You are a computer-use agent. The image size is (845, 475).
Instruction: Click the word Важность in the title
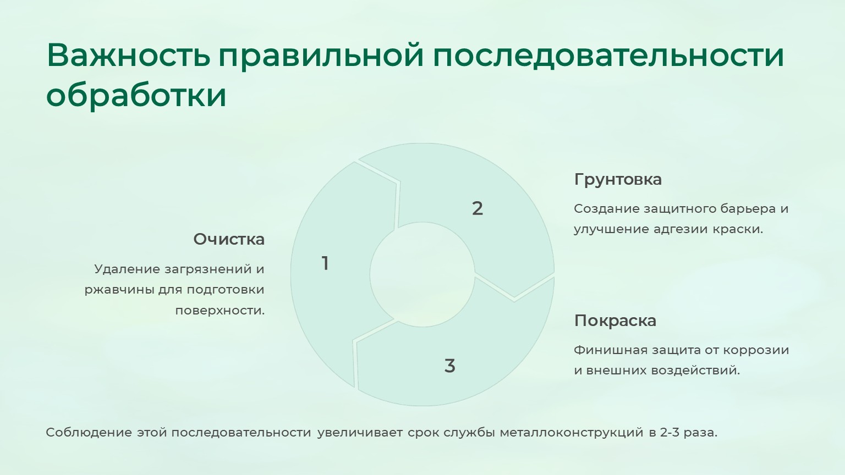(128, 56)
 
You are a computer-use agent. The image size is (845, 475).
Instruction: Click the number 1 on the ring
(325, 263)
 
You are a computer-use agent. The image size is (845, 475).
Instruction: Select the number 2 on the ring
(477, 208)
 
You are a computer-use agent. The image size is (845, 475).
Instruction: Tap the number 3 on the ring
(449, 366)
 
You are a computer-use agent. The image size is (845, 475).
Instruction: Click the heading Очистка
(229, 239)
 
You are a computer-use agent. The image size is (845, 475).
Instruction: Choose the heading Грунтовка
(618, 179)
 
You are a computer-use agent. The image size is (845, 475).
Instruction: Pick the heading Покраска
(615, 321)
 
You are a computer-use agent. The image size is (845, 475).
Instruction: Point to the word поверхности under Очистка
(220, 310)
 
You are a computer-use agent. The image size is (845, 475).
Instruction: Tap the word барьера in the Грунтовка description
(747, 209)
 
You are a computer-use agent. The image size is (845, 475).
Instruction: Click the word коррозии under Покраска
(756, 350)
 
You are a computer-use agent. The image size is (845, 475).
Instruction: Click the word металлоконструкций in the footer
(572, 433)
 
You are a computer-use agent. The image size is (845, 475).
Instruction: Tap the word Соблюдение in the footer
(89, 433)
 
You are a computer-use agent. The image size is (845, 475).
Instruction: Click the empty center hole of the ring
(422, 274)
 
